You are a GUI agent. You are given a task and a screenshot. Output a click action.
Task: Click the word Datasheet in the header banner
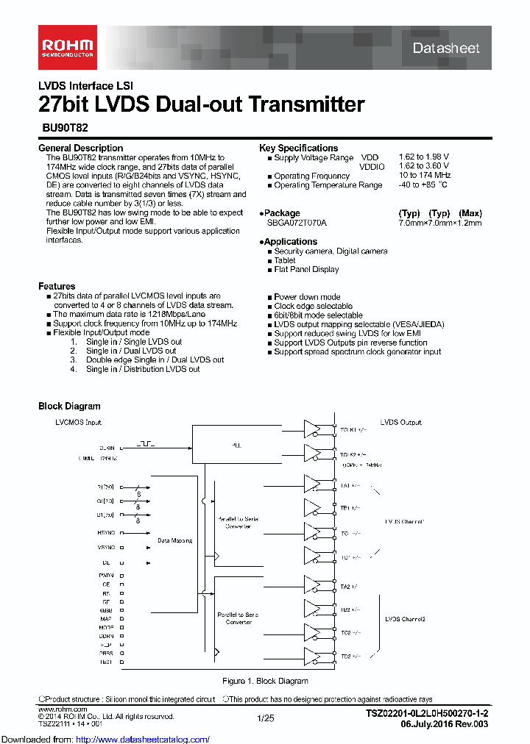(446, 49)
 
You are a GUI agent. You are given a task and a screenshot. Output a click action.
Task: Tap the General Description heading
(81, 148)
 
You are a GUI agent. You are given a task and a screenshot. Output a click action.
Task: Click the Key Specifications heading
(298, 148)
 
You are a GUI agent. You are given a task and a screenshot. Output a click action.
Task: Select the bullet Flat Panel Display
(306, 269)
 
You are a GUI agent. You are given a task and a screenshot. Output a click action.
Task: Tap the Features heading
(57, 286)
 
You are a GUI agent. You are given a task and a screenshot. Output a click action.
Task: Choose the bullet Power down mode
(307, 297)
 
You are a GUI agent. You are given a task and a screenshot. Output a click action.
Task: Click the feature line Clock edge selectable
(313, 306)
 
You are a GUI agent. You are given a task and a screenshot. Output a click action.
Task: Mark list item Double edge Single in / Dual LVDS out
(155, 360)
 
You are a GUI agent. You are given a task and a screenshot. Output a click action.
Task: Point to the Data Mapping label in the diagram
(175, 540)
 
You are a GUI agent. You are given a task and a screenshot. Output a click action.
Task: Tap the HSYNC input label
(106, 532)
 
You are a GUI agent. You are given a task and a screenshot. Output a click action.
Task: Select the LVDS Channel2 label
(405, 619)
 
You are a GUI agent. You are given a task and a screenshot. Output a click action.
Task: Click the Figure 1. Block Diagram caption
(265, 682)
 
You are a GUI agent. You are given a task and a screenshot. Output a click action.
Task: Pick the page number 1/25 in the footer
(265, 717)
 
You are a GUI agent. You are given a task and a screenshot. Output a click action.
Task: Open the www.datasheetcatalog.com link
(105, 739)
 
